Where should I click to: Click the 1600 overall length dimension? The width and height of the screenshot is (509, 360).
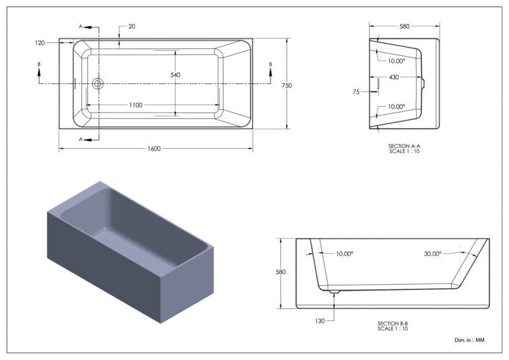coord(154,149)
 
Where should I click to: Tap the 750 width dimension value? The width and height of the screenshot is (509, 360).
coord(287,86)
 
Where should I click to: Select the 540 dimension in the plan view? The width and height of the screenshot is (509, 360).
coord(176,75)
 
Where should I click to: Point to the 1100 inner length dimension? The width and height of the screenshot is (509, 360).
coord(136,105)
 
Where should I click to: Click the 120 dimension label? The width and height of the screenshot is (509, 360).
coord(39,43)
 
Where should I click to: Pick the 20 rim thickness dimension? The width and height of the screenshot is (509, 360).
coord(132,27)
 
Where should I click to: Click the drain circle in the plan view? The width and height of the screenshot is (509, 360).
coord(97,83)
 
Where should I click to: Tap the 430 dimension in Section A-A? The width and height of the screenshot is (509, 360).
coord(394,77)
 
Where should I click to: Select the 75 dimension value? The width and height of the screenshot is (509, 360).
coord(356,92)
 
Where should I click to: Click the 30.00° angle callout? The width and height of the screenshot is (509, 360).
coord(433,254)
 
